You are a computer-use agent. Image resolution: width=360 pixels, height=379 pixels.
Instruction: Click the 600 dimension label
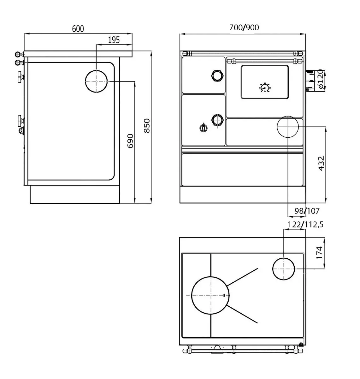pyautogui.click(x=78, y=29)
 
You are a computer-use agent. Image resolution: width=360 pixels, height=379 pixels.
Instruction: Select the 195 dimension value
pyautogui.click(x=114, y=40)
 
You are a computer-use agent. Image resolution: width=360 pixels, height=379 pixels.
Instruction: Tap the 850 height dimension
pyautogui.click(x=147, y=125)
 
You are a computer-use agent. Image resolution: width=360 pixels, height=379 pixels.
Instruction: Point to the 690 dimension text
pyautogui.click(x=130, y=141)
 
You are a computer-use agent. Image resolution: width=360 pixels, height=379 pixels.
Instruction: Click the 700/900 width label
pyautogui.click(x=244, y=27)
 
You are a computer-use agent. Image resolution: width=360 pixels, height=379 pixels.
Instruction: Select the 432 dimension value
pyautogui.click(x=321, y=164)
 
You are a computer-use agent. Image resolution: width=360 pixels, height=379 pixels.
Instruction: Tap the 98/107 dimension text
pyautogui.click(x=307, y=211)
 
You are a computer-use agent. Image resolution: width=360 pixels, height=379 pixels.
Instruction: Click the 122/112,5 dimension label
pyautogui.click(x=305, y=225)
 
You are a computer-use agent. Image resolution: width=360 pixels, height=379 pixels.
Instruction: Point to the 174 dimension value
pyautogui.click(x=319, y=253)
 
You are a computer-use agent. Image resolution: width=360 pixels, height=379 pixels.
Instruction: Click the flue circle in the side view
pyautogui.click(x=96, y=81)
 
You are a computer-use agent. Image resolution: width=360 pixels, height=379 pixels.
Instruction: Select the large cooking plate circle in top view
pyautogui.click(x=210, y=296)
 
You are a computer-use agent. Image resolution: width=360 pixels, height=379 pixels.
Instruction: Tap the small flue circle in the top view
pyautogui.click(x=284, y=269)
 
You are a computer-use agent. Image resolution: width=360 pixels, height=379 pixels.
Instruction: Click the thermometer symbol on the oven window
pyautogui.click(x=265, y=87)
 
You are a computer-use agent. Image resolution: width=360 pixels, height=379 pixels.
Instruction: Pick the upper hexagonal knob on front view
pyautogui.click(x=217, y=76)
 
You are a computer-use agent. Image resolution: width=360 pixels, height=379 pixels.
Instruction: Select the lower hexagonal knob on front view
pyautogui.click(x=217, y=120)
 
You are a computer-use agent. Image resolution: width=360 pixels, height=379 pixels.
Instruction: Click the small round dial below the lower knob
pyautogui.click(x=204, y=128)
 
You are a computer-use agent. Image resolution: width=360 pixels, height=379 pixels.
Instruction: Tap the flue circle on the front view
pyautogui.click(x=288, y=127)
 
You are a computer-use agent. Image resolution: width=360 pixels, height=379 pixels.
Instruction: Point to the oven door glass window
pyautogui.click(x=265, y=82)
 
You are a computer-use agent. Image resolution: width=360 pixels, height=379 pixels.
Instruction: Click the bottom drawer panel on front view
pyautogui.click(x=242, y=170)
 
